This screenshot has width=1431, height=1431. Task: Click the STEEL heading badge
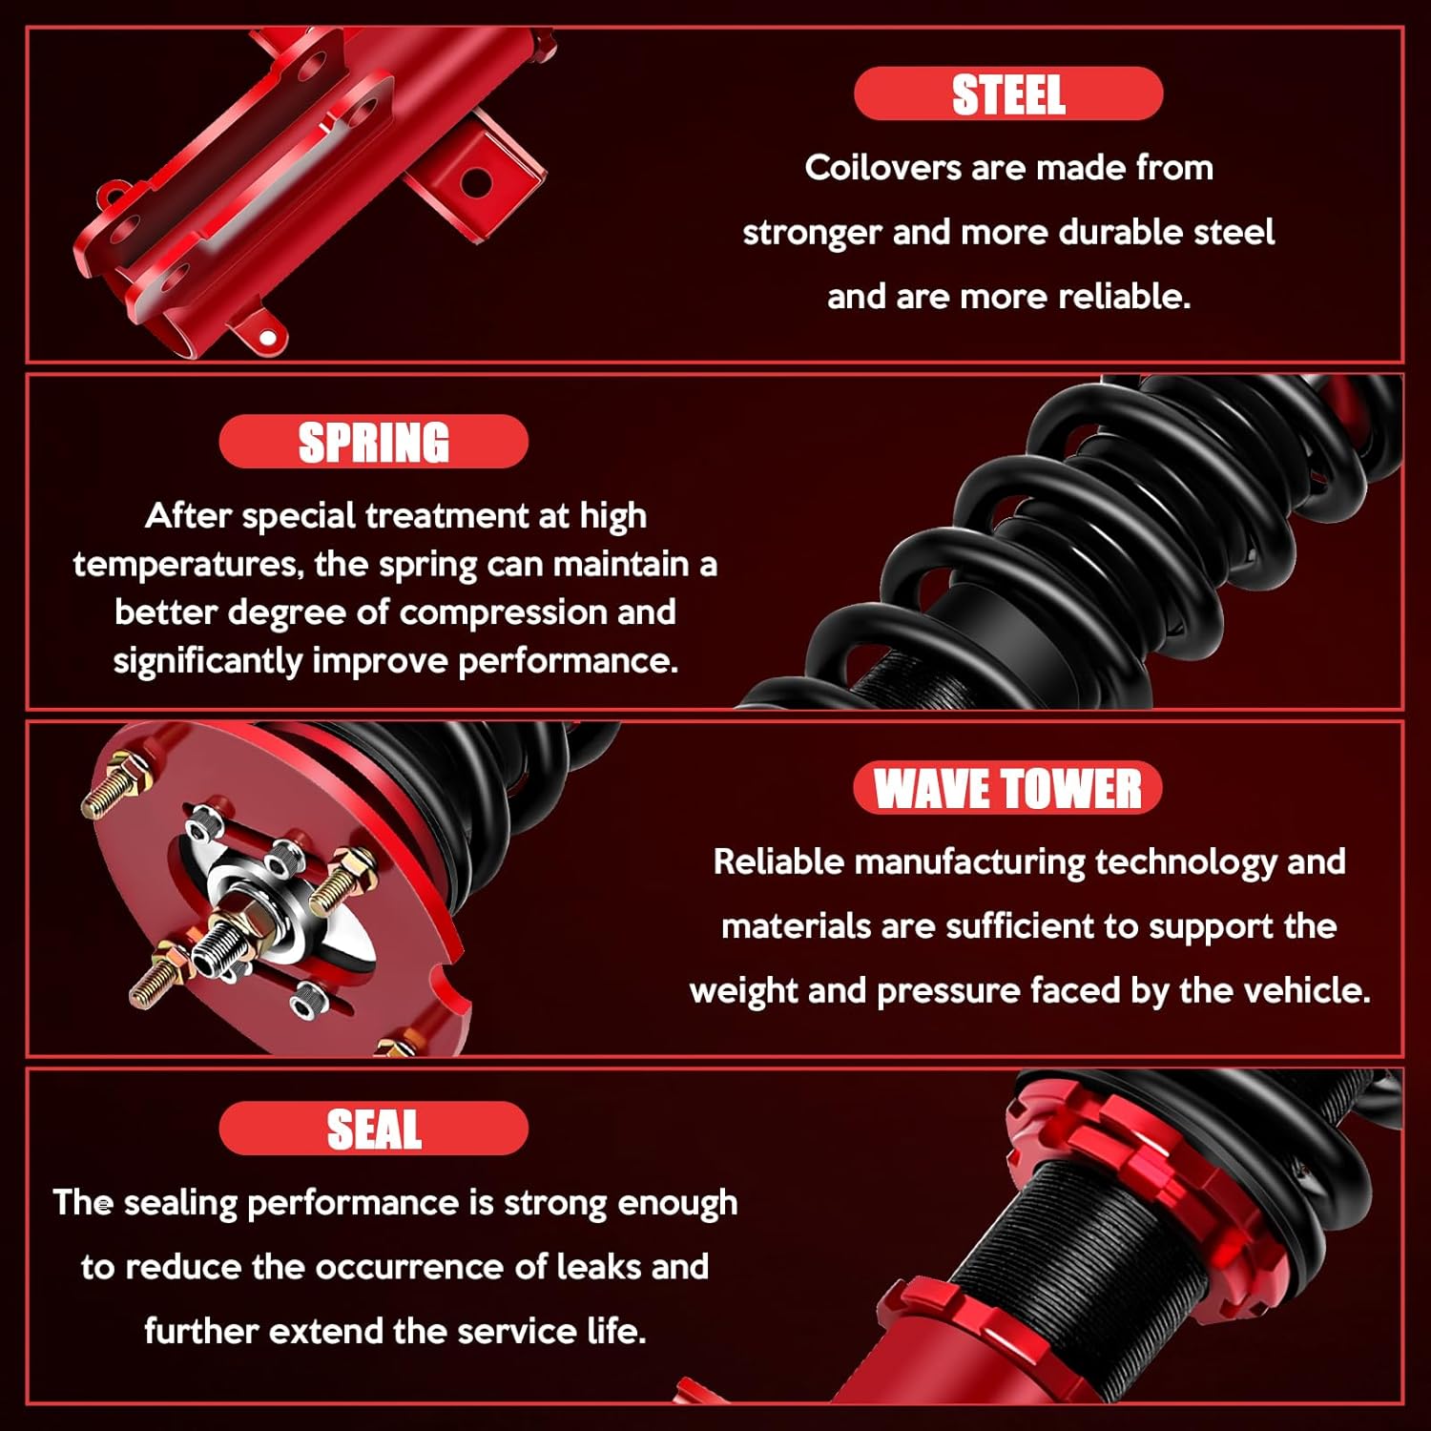coord(1008,93)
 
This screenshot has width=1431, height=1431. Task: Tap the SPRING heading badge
coord(373,442)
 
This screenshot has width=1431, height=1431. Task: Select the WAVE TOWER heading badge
coord(1007,788)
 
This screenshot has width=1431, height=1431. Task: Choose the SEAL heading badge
coord(373,1129)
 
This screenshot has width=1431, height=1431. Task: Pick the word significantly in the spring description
coord(208,661)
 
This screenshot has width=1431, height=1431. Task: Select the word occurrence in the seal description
coord(409,1267)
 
